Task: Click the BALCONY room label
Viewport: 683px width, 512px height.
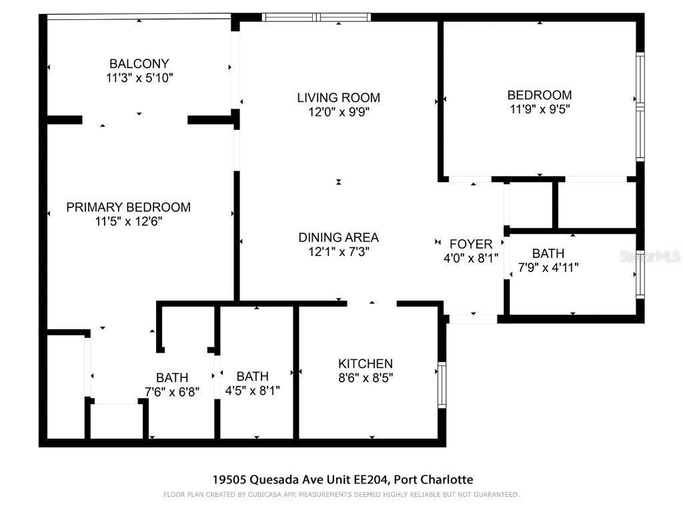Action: [139, 64]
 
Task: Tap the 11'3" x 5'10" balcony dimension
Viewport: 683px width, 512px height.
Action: [139, 78]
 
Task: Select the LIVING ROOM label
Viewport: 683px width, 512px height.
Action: [338, 98]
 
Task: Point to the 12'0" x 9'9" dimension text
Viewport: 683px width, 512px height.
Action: [338, 112]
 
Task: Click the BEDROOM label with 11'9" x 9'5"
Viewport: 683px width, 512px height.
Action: [539, 95]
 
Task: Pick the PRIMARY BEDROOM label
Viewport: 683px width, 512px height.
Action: [128, 207]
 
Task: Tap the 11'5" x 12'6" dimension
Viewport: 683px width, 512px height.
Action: [128, 221]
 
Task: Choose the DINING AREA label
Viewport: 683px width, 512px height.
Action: [338, 237]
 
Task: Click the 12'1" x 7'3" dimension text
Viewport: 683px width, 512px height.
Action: [338, 251]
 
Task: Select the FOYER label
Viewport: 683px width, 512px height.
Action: [471, 244]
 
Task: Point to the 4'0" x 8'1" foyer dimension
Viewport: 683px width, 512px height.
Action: [471, 258]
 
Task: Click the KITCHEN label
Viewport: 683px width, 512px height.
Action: [365, 364]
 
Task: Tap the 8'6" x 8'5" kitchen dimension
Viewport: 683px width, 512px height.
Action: [365, 378]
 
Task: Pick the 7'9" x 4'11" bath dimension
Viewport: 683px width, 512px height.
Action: [548, 267]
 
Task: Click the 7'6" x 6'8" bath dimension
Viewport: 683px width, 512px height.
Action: [172, 391]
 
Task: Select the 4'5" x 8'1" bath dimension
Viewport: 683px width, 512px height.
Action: [252, 390]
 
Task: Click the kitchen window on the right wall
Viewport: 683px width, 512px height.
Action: [442, 385]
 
